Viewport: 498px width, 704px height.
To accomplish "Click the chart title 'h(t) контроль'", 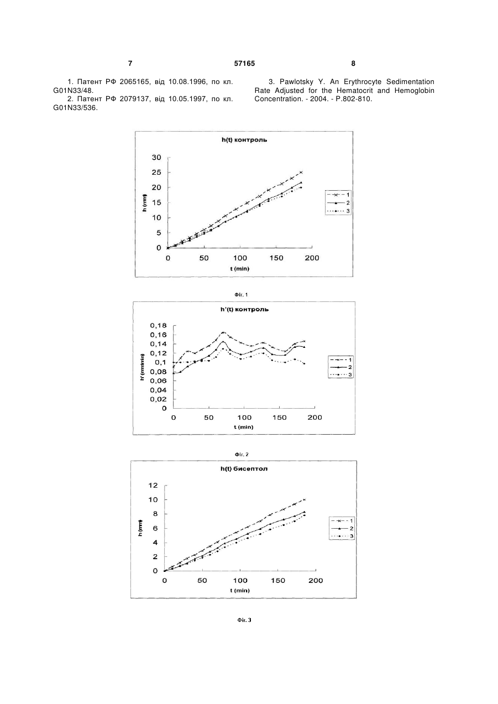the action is pyautogui.click(x=244, y=140).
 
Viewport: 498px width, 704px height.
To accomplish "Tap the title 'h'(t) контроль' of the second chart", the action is pyautogui.click(x=244, y=309).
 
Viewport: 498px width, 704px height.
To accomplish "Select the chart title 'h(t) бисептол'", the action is pyautogui.click(x=244, y=468).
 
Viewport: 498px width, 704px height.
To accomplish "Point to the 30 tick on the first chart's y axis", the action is pyautogui.click(x=156, y=157).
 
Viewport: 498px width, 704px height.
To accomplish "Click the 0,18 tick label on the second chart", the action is pyautogui.click(x=159, y=325).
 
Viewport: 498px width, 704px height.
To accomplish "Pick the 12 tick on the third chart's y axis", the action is pyautogui.click(x=153, y=485).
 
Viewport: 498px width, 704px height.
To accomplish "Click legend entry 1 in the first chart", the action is pyautogui.click(x=338, y=195).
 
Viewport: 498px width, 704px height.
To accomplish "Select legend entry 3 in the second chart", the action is pyautogui.click(x=340, y=374).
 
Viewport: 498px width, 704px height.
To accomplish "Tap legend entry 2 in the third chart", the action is pyautogui.click(x=342, y=528).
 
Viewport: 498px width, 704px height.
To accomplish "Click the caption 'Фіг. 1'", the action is pyautogui.click(x=241, y=295).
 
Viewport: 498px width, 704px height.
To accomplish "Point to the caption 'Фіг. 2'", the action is pyautogui.click(x=242, y=455).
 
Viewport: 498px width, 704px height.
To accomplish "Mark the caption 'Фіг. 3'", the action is pyautogui.click(x=244, y=620).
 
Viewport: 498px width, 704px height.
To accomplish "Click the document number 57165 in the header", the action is pyautogui.click(x=244, y=64).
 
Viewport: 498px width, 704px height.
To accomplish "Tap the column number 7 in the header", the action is pyautogui.click(x=130, y=64).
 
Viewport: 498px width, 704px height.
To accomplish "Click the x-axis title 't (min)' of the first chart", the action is pyautogui.click(x=240, y=269).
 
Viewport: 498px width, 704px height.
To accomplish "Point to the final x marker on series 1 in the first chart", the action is pyautogui.click(x=301, y=172).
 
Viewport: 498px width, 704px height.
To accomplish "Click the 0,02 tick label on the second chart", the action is pyautogui.click(x=159, y=399).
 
